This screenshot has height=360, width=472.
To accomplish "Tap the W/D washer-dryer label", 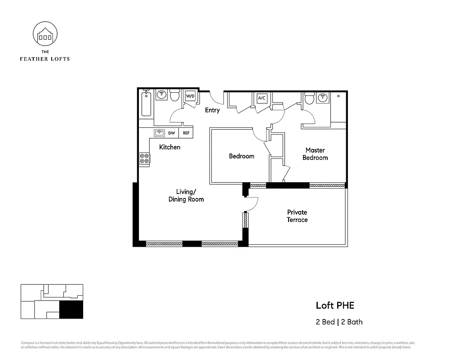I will tap(190, 96).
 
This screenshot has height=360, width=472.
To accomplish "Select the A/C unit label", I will tap(261, 98).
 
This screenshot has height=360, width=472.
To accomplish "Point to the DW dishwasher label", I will tap(172, 133).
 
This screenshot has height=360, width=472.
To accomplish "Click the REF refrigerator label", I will tap(186, 133).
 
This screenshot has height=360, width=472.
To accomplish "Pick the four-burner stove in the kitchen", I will tap(145, 158).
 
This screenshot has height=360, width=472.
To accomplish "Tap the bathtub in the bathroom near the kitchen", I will tap(146, 103).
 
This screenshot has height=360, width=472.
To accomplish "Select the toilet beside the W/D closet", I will tap(174, 95).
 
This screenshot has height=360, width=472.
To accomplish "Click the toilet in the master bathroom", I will tap(309, 97).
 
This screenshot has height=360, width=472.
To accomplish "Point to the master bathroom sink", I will tap(322, 97).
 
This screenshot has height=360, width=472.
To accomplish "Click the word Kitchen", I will tap(170, 147).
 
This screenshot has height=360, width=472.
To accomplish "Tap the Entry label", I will tap(212, 110).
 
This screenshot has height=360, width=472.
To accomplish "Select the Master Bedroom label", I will tap(315, 154).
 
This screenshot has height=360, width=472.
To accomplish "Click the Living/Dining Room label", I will tap(186, 195).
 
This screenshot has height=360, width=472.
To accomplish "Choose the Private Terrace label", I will tap(297, 216).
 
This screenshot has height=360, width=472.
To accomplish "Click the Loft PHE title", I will tap(335, 306).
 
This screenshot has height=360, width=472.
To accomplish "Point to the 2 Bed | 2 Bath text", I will tap(339, 322).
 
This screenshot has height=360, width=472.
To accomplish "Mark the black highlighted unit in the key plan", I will tap(71, 310).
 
